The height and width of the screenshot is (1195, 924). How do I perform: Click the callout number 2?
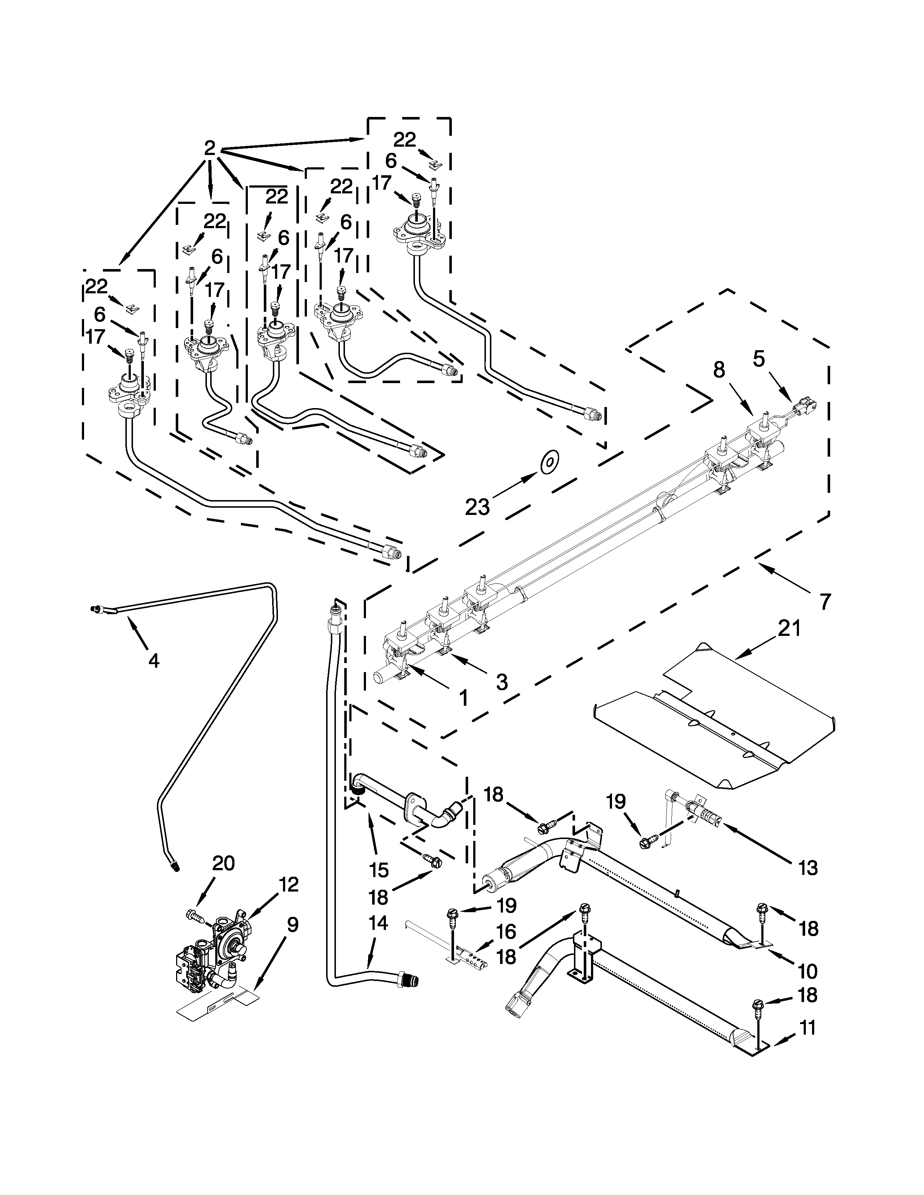click(x=210, y=148)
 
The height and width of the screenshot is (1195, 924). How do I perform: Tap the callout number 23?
click(x=477, y=507)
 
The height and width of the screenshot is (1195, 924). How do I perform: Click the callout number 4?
click(x=154, y=661)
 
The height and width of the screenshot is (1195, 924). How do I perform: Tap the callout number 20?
click(x=223, y=863)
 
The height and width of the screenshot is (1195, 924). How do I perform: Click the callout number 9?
click(x=292, y=925)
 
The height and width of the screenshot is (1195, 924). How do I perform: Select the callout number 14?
click(x=378, y=923)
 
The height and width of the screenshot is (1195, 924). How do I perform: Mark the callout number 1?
click(x=463, y=698)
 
